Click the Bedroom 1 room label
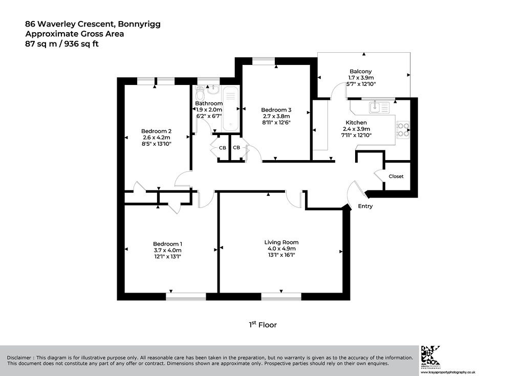167,244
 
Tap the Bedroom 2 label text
156,131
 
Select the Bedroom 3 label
276,109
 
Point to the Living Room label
281,242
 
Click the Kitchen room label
356,123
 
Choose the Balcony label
361,71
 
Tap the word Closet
396,176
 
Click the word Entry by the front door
365,206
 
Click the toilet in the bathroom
200,93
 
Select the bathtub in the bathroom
231,108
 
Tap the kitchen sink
379,107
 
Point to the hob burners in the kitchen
403,129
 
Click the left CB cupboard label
223,148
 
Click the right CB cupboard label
236,147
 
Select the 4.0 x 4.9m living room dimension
281,249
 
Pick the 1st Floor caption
263,324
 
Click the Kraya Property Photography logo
430,356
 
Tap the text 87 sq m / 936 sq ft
62,44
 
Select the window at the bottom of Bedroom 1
186,297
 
